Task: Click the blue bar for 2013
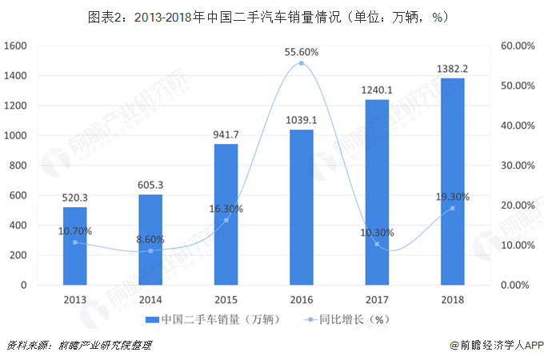click(75, 246)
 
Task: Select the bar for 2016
click(302, 207)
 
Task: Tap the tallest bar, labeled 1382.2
click(452, 182)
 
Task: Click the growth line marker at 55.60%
click(302, 63)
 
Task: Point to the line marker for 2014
click(150, 251)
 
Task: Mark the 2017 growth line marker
click(377, 244)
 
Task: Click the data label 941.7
click(226, 134)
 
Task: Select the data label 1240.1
click(377, 89)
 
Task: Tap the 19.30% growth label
click(452, 197)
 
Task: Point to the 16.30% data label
click(226, 209)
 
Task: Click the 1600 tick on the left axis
click(16, 46)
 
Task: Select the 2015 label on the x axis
click(226, 299)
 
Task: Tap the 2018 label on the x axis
click(452, 299)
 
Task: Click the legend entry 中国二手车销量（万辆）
click(211, 320)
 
